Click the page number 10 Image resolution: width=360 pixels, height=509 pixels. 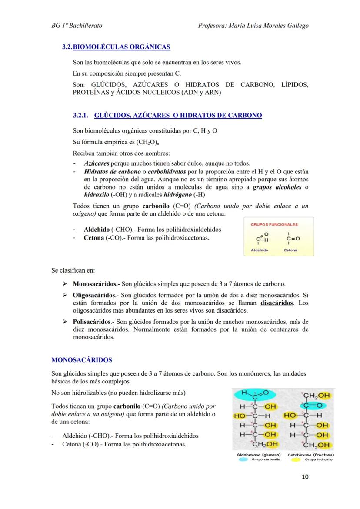(x=305, y=477)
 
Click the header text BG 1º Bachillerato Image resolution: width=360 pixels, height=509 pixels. (x=77, y=26)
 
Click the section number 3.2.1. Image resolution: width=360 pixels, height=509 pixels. (x=81, y=116)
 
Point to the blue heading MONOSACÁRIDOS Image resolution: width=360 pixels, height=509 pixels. (x=82, y=360)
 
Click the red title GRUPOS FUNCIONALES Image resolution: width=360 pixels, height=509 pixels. (x=274, y=225)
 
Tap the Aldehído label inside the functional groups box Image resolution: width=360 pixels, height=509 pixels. (x=260, y=250)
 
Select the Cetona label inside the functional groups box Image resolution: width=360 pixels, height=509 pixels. (x=290, y=250)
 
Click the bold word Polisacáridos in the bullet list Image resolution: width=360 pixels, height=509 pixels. (x=92, y=322)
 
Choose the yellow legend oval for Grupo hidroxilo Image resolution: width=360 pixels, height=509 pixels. (x=296, y=459)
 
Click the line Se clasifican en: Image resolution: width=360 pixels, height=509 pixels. (x=73, y=270)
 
